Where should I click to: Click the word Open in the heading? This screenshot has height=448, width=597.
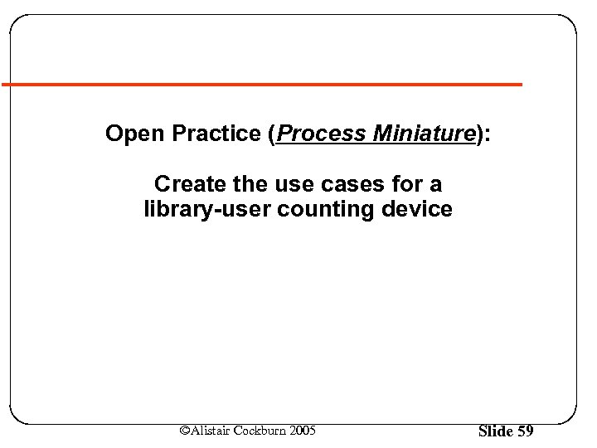point(130,134)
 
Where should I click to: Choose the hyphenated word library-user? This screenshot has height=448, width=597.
point(207,209)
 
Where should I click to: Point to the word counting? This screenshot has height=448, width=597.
point(327,209)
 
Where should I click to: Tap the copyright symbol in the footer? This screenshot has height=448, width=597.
point(185,431)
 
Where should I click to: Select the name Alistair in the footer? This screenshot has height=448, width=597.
point(211,431)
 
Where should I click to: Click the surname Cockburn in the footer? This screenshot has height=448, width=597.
point(260,431)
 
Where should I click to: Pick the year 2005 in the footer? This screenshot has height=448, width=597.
point(302,431)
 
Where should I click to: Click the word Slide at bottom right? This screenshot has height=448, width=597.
point(496,431)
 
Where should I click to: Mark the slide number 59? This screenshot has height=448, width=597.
point(526,431)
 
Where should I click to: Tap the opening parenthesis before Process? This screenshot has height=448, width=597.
point(274,134)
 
